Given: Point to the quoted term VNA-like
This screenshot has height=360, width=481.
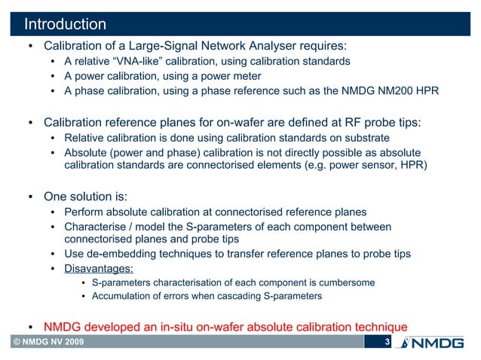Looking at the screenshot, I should point(135,60).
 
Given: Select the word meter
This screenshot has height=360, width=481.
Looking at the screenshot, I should point(245,76).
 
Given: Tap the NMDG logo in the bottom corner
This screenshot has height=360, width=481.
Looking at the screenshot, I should point(434,344).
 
